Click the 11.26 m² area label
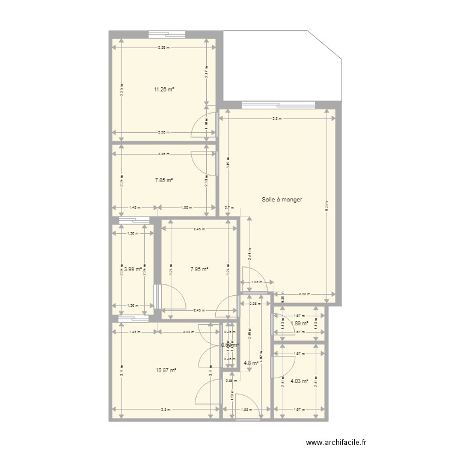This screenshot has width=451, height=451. [x=164, y=90]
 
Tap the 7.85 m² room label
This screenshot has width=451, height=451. [x=164, y=180]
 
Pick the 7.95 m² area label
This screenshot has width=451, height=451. [x=198, y=269]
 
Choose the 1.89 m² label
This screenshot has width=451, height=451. [x=299, y=324]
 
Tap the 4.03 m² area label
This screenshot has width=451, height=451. [x=299, y=380]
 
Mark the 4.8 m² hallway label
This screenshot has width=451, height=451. [x=251, y=363]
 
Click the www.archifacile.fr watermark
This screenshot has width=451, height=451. [x=336, y=442]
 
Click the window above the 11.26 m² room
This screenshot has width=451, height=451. [x=167, y=34]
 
